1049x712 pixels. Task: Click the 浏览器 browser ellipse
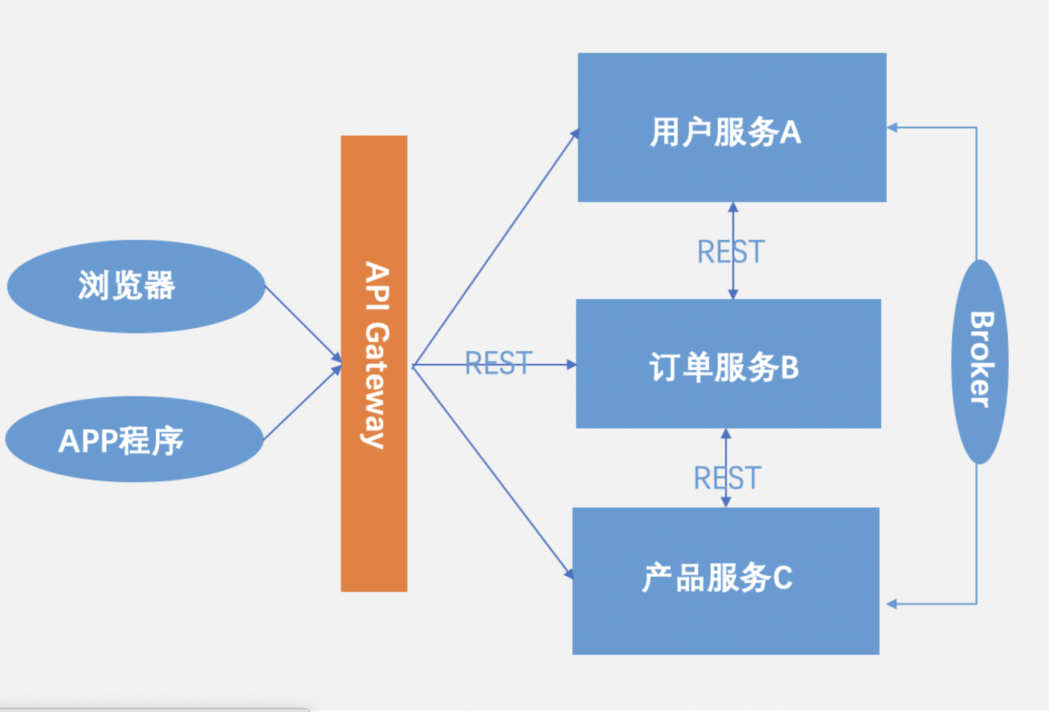pos(136,286)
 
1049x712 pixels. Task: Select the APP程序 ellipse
pos(135,440)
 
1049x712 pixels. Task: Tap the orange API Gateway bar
pos(374,502)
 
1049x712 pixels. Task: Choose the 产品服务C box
pos(726,620)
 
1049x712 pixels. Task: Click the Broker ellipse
pos(979,361)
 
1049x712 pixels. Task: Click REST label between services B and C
pos(727,478)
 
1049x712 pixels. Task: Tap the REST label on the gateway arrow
pos(499,363)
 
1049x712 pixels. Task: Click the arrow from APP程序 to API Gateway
pos(301,404)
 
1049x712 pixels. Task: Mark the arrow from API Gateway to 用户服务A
pos(496,248)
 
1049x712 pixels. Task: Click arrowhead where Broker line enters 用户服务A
pos(892,127)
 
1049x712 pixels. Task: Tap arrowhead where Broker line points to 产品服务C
pos(891,604)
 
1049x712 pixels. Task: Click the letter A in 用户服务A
pos(791,132)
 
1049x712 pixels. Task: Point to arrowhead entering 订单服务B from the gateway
pos(571,365)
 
